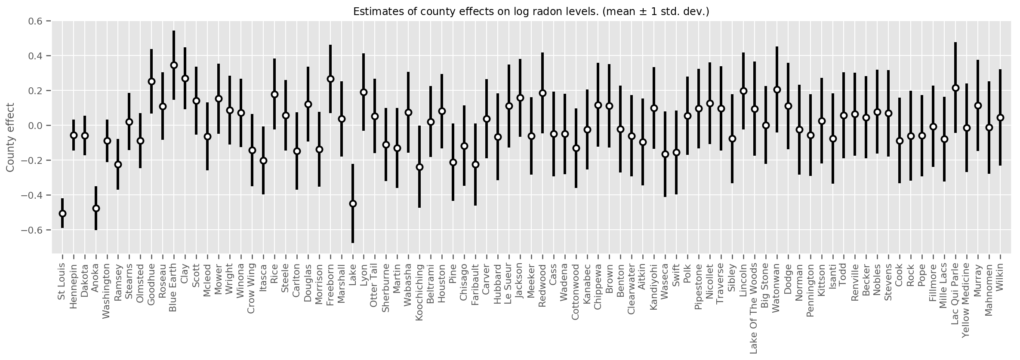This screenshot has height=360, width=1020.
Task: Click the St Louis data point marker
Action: tap(62, 213)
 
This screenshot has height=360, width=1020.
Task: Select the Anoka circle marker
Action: tap(96, 208)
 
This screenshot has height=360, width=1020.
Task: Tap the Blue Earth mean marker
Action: tap(174, 65)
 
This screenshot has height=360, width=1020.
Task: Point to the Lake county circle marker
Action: tap(353, 203)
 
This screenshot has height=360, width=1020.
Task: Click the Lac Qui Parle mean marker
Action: tap(955, 88)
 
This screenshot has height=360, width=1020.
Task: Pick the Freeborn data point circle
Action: tap(330, 79)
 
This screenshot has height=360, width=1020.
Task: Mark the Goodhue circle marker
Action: tap(151, 81)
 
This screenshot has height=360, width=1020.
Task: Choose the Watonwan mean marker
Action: tap(777, 89)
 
